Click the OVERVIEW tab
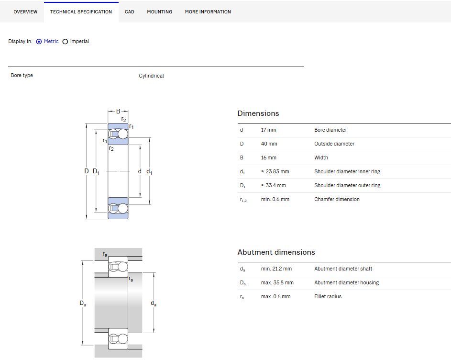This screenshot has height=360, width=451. [x=25, y=12]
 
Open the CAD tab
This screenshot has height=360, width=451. [x=130, y=12]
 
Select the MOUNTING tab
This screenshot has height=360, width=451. [x=160, y=12]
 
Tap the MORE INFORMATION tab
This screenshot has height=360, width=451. [x=208, y=12]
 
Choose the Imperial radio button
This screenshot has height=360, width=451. [x=66, y=42]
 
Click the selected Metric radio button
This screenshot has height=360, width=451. [x=39, y=42]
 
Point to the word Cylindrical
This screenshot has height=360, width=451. [x=151, y=76]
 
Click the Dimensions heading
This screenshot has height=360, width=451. [x=258, y=113]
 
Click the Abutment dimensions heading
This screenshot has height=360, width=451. [x=276, y=252]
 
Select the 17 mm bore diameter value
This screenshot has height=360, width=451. [x=269, y=130]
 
